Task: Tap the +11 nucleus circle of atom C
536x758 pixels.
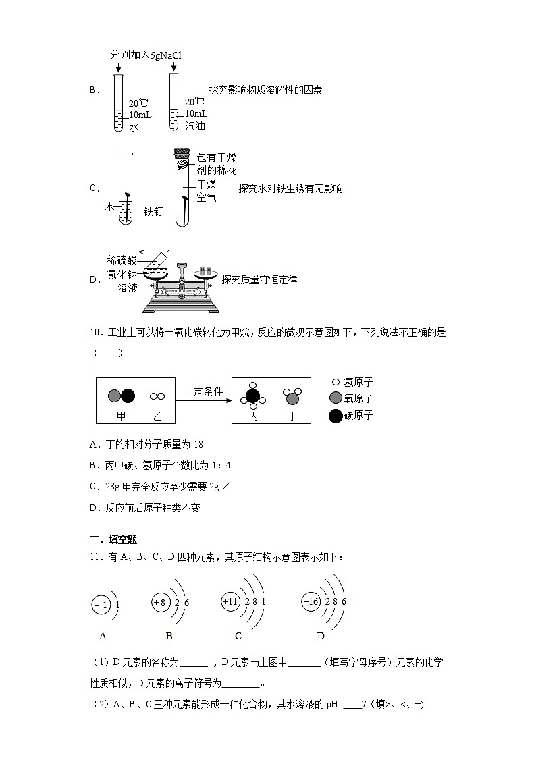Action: coord(232,601)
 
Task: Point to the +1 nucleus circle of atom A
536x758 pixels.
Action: coord(102,605)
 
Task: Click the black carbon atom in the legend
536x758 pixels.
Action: coord(336,416)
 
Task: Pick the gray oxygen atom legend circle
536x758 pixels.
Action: coord(336,398)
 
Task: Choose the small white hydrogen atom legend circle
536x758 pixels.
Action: coord(336,381)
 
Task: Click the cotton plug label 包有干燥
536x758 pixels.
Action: coord(216,157)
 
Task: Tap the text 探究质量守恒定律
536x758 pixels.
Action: coord(259,279)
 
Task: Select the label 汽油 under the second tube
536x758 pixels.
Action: coord(195,126)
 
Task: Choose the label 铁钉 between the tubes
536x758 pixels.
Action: coord(153,211)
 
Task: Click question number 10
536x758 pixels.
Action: coord(95,332)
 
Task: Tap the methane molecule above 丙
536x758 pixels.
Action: coord(252,398)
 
